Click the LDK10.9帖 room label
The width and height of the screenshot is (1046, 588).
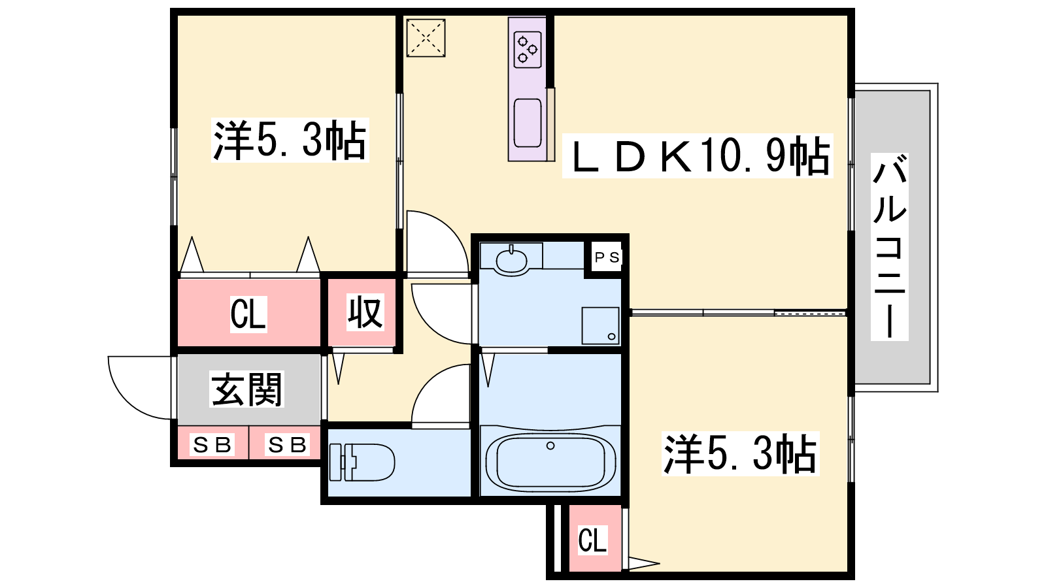(x=698, y=156)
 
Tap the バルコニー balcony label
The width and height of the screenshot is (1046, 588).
(x=890, y=247)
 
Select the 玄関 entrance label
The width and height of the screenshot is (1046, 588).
(x=246, y=389)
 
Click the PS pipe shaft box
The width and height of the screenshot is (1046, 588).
(x=607, y=257)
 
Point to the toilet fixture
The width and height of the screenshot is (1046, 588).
(x=362, y=463)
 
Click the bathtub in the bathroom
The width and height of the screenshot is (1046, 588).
(x=550, y=462)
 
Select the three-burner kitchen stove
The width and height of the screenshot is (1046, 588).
(x=528, y=50)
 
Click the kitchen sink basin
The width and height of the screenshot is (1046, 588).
(x=528, y=123)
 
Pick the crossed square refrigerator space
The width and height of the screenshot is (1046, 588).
(x=426, y=38)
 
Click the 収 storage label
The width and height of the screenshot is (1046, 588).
(x=365, y=312)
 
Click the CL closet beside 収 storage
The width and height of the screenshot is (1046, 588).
(x=248, y=313)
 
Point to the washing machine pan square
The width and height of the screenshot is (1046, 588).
(x=600, y=326)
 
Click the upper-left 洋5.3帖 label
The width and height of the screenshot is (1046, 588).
(x=290, y=140)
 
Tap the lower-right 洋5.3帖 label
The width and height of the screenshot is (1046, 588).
(x=740, y=453)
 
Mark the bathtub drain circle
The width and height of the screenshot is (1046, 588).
(x=550, y=446)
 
